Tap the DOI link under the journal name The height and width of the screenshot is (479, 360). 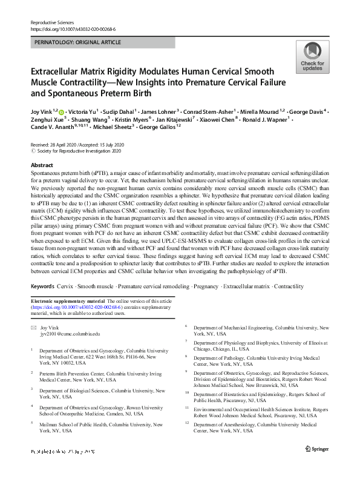click(x=72, y=28)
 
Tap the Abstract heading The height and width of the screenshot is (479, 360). click(x=41, y=165)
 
